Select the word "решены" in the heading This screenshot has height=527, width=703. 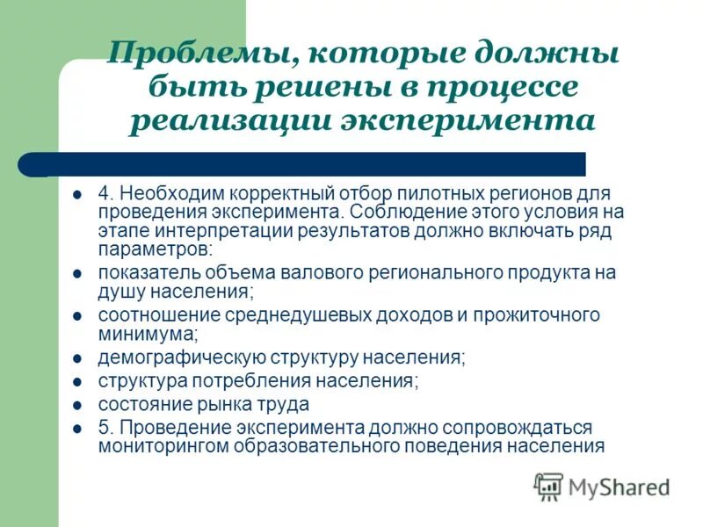click(324, 88)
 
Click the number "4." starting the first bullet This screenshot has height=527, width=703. click(106, 192)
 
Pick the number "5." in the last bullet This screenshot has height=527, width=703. click(106, 428)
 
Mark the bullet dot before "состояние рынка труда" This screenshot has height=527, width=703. click(77, 406)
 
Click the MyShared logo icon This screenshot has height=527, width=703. click(548, 486)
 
